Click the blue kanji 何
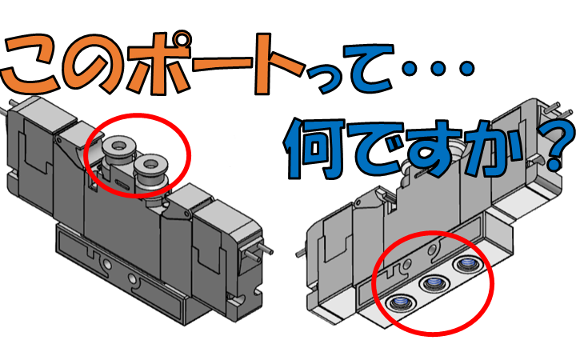315,149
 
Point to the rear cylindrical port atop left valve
118,154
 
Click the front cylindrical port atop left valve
150,173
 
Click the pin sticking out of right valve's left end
301,253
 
